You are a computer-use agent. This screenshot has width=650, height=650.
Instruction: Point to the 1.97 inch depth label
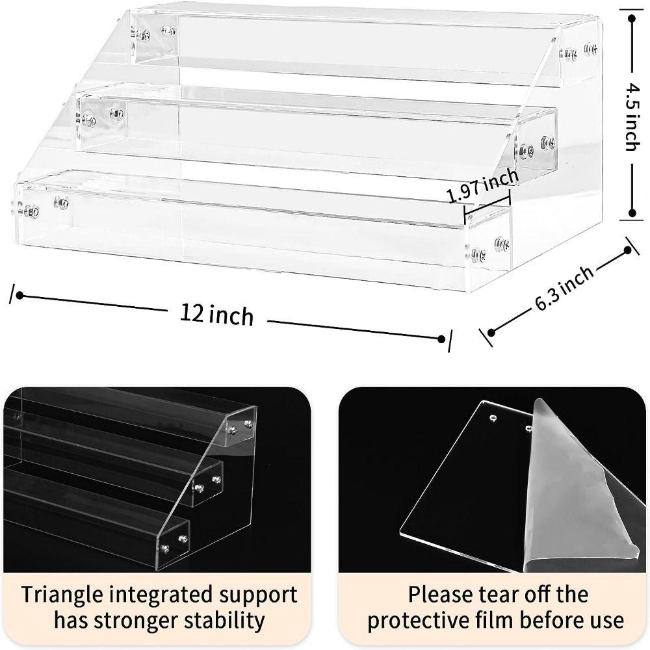click(x=483, y=187)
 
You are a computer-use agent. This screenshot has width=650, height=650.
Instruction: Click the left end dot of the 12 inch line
click(x=19, y=296)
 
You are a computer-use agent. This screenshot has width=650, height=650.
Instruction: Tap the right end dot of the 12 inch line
click(x=442, y=339)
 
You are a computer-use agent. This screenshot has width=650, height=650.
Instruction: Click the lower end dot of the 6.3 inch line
click(x=491, y=333)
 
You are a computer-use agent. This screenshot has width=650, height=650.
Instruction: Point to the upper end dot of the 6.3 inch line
click(x=628, y=250)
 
